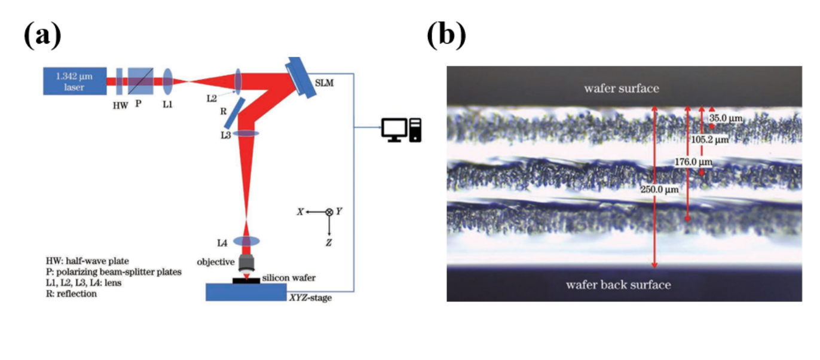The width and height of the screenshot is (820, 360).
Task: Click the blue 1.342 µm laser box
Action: click(x=74, y=81)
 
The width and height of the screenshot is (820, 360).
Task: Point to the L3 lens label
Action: click(x=225, y=136)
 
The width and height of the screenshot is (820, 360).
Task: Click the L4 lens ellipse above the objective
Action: click(x=246, y=242)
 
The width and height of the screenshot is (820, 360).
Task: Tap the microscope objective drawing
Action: click(x=246, y=263)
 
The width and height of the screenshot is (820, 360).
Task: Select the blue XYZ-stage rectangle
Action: click(x=245, y=291)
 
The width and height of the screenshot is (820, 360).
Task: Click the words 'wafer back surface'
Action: click(x=618, y=285)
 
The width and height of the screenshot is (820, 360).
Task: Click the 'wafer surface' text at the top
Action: click(x=622, y=89)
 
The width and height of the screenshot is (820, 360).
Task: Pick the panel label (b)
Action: click(x=446, y=35)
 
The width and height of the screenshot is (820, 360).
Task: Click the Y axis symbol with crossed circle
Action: click(x=328, y=212)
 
